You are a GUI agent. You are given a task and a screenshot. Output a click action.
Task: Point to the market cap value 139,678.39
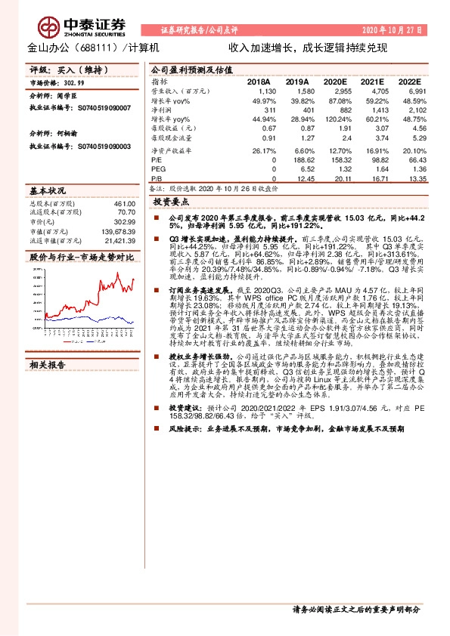click(117, 231)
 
